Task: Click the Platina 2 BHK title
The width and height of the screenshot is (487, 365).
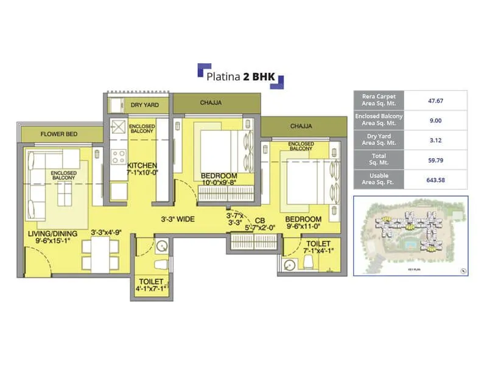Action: (240, 77)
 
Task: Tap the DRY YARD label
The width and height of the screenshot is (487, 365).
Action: (144, 105)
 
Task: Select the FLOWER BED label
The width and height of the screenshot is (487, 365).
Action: (57, 134)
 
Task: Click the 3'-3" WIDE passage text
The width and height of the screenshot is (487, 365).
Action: (178, 218)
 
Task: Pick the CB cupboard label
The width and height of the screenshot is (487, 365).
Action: (259, 220)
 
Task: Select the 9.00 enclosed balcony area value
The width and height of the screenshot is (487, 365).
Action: (435, 120)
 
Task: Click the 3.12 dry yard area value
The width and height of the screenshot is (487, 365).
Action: (435, 141)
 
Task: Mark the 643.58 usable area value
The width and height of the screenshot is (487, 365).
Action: (435, 181)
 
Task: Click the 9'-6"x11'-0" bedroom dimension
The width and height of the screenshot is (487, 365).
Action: (303, 228)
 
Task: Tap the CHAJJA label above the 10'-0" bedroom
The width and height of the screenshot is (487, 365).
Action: (211, 103)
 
